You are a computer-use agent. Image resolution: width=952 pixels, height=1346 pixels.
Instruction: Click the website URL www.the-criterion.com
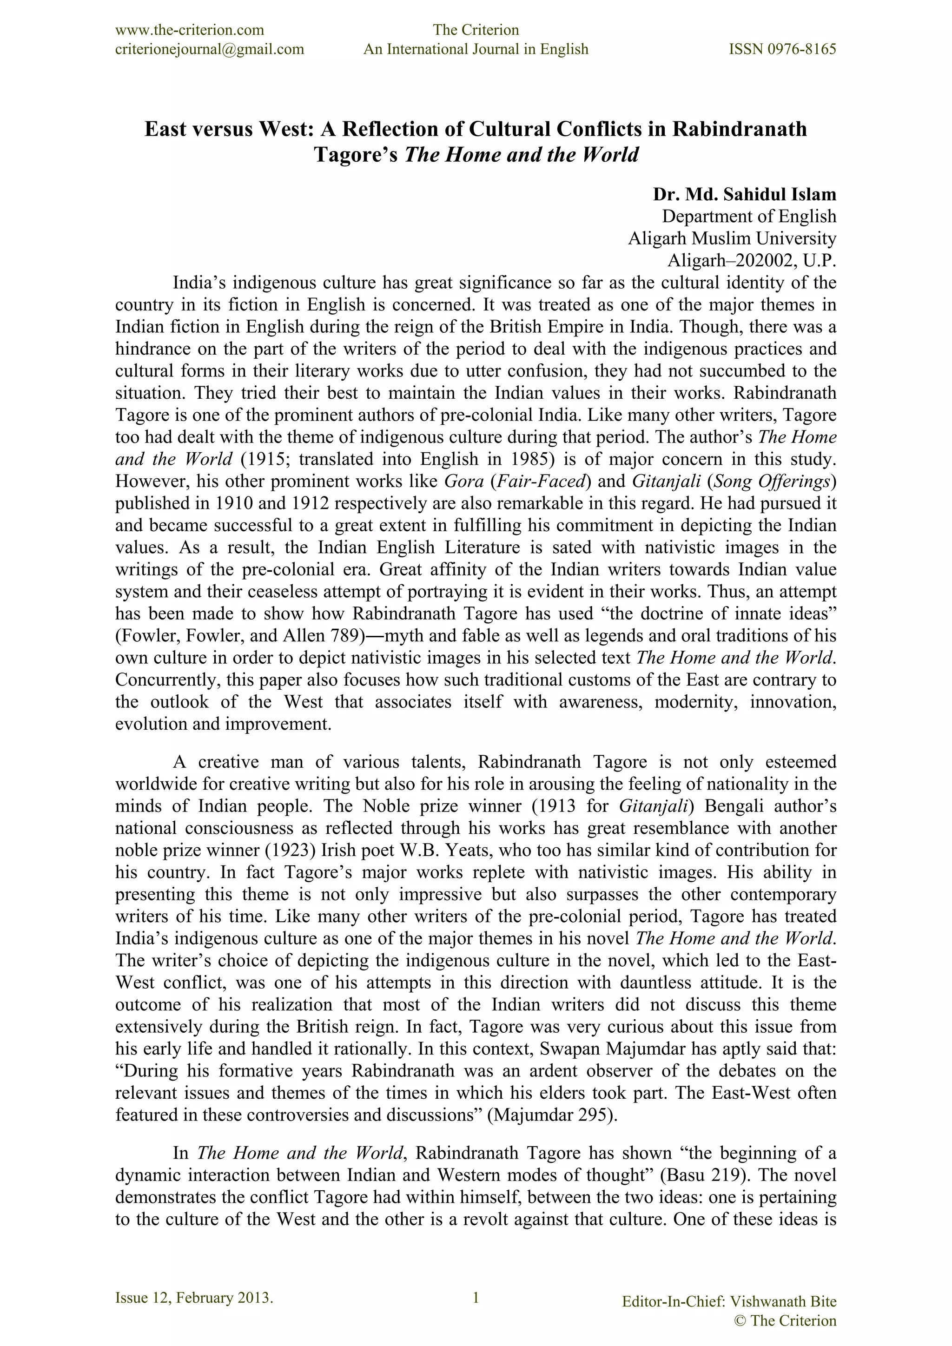point(189,30)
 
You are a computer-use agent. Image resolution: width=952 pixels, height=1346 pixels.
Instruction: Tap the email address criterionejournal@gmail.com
point(209,49)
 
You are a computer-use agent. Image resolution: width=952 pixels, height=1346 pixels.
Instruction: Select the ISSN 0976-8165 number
point(782,49)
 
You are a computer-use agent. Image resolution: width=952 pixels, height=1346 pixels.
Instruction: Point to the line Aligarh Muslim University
point(732,238)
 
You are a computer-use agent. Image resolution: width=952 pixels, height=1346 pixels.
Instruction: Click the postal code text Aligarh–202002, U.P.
point(752,260)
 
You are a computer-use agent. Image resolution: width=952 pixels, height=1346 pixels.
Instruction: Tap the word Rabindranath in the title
point(739,129)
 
